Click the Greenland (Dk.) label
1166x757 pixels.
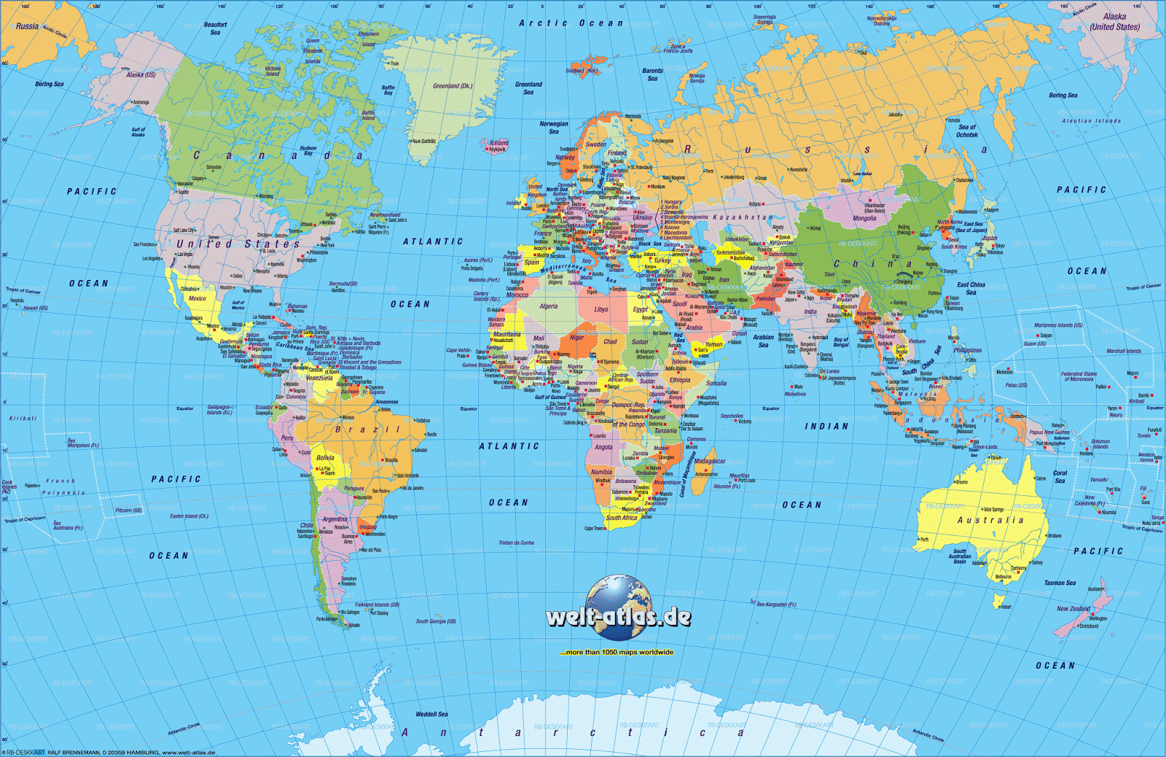[453, 86]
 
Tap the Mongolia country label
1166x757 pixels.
[864, 218]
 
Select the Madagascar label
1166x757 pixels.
[709, 461]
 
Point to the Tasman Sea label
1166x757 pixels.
[1060, 583]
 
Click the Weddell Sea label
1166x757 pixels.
[431, 714]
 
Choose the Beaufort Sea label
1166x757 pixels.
[215, 28]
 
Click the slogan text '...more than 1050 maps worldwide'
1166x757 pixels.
[617, 652]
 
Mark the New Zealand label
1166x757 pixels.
[1073, 608]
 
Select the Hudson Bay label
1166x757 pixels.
[308, 151]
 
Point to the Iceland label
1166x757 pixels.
[499, 143]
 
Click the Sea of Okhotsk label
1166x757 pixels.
[967, 131]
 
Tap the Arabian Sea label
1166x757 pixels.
[763, 341]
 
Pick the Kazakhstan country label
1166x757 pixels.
[742, 217]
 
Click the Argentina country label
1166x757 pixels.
[335, 519]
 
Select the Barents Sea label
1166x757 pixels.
[652, 74]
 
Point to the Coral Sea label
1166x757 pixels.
[1060, 476]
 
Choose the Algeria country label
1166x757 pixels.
[548, 306]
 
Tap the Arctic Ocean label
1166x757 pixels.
[571, 23]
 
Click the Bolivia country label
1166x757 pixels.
[325, 458]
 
